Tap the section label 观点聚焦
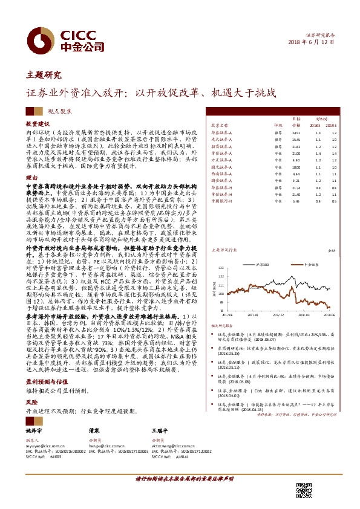click(x=60, y=112)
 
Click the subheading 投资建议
click(x=37, y=123)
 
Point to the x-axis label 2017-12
click(x=278, y=314)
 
